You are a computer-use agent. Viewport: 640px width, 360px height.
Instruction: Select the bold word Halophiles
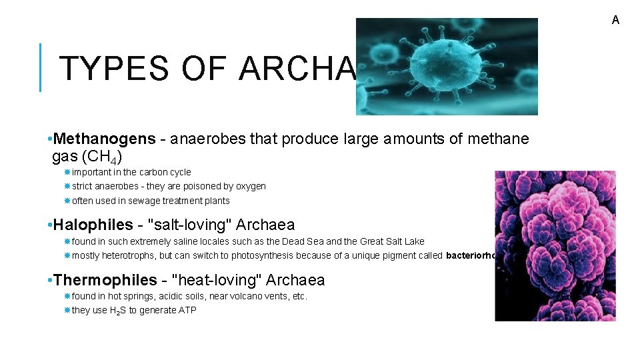point(93,225)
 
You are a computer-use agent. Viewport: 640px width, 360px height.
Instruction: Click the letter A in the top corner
point(615,20)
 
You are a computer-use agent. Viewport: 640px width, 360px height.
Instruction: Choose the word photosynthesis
point(305,255)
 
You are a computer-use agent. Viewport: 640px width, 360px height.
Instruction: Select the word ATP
point(187,310)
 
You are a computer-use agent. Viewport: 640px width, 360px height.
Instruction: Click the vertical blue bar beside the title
point(41,67)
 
